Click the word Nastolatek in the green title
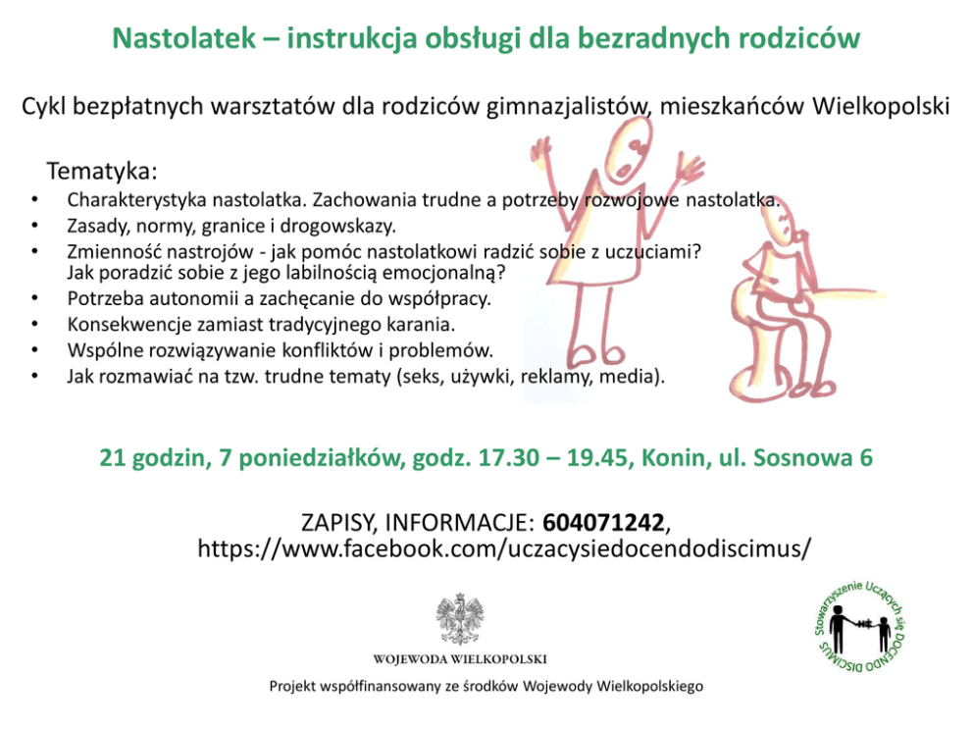coord(183,38)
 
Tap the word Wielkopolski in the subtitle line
coord(881,106)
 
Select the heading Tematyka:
coord(102,171)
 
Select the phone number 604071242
coord(603,523)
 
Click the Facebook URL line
coord(504,548)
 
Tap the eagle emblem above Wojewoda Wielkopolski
coord(460,619)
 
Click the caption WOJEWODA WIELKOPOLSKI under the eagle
coord(460,659)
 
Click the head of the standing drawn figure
coord(628,151)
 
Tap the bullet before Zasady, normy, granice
coord(34,226)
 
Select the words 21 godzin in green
coord(152,458)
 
